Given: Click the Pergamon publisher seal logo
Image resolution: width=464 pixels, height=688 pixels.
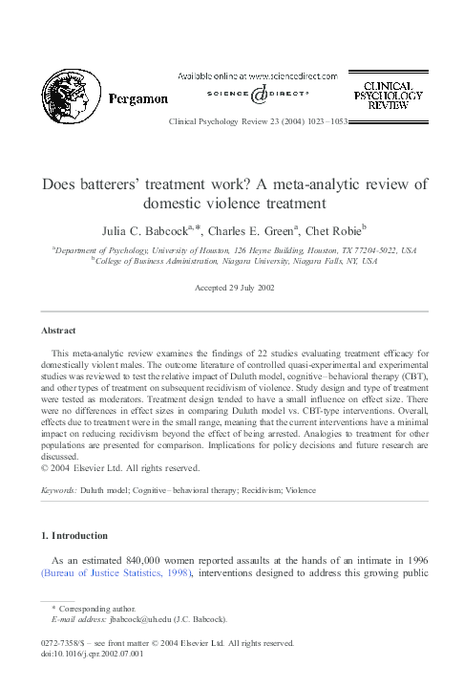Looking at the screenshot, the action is [x=70, y=99].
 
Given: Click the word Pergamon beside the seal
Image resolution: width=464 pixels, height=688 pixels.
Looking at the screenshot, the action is [x=137, y=97].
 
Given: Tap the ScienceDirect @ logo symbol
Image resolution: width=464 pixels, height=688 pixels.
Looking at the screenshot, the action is [x=258, y=95].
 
